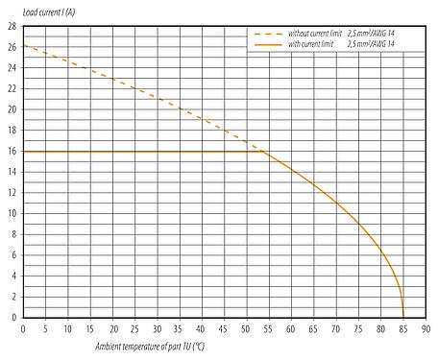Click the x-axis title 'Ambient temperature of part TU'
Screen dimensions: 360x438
[150, 345]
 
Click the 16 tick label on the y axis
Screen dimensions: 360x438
[13, 151]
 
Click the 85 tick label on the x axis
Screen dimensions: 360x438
[402, 327]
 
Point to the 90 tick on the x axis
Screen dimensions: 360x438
[425, 327]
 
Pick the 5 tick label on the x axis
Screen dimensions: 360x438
[46, 327]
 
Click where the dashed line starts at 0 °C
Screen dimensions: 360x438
[24, 45]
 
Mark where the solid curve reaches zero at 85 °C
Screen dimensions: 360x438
[402, 317]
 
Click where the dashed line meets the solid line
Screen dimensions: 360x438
[262, 151]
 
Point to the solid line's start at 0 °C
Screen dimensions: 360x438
[24, 151]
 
